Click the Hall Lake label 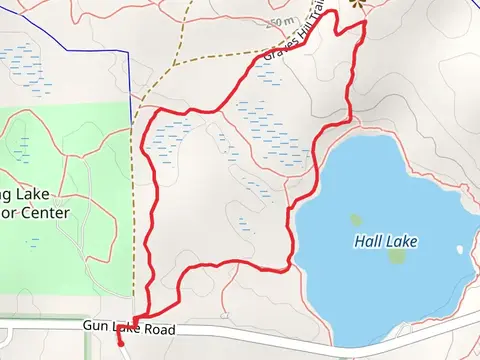(x=385, y=241)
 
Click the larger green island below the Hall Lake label (x=397, y=256)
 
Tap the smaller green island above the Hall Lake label (x=355, y=220)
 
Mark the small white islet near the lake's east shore (x=459, y=250)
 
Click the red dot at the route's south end (x=119, y=343)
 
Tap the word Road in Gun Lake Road (x=158, y=329)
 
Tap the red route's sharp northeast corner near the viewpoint (x=365, y=21)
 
